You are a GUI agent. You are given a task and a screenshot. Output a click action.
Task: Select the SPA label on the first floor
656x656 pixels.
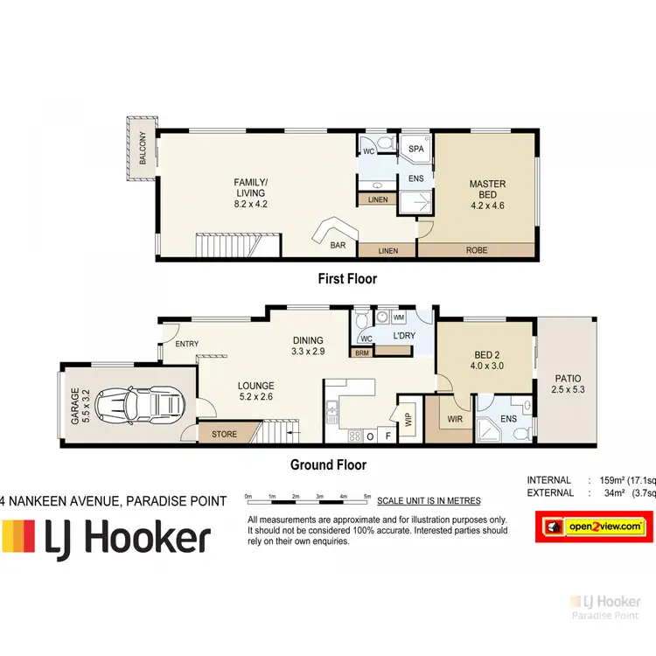pyautogui.click(x=416, y=150)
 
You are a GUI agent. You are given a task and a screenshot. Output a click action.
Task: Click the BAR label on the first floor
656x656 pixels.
pyautogui.click(x=338, y=246)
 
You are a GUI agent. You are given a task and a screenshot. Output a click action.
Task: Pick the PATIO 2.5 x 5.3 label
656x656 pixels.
pyautogui.click(x=567, y=386)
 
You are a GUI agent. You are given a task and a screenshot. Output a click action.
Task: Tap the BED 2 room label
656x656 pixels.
pyautogui.click(x=486, y=360)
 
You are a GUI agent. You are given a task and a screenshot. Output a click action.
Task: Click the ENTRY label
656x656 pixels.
pyautogui.click(x=186, y=345)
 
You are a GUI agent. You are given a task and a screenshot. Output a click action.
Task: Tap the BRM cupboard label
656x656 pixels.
pyautogui.click(x=360, y=353)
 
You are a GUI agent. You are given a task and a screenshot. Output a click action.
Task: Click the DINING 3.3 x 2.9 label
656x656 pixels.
pyautogui.click(x=309, y=345)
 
